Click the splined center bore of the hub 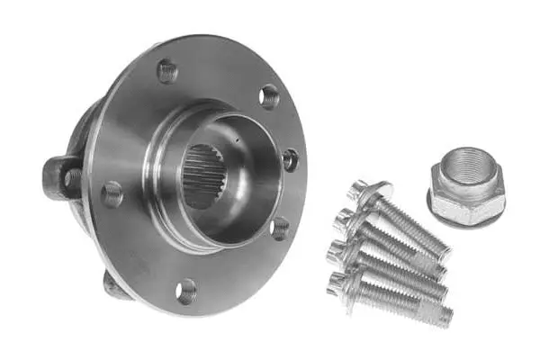pos(206,177)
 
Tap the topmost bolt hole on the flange pos(167,70)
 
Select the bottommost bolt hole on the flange pos(185,289)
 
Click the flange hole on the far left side pos(112,193)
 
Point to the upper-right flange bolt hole pos(269,94)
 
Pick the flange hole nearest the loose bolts pos(289,159)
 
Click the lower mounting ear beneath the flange pos(112,284)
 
